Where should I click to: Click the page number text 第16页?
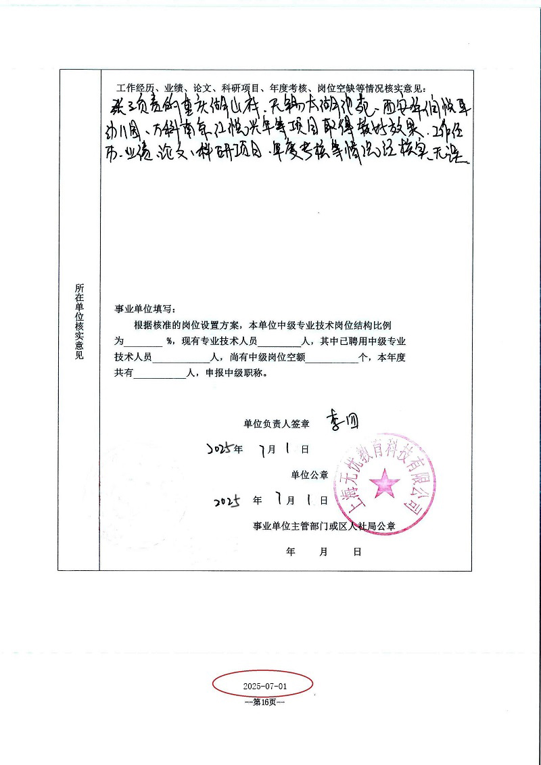tap(264, 702)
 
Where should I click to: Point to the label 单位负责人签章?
tap(277, 424)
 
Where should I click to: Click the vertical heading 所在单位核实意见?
tap(80, 321)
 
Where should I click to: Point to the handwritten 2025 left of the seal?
tap(227, 501)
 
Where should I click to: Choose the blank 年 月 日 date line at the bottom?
tap(324, 551)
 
